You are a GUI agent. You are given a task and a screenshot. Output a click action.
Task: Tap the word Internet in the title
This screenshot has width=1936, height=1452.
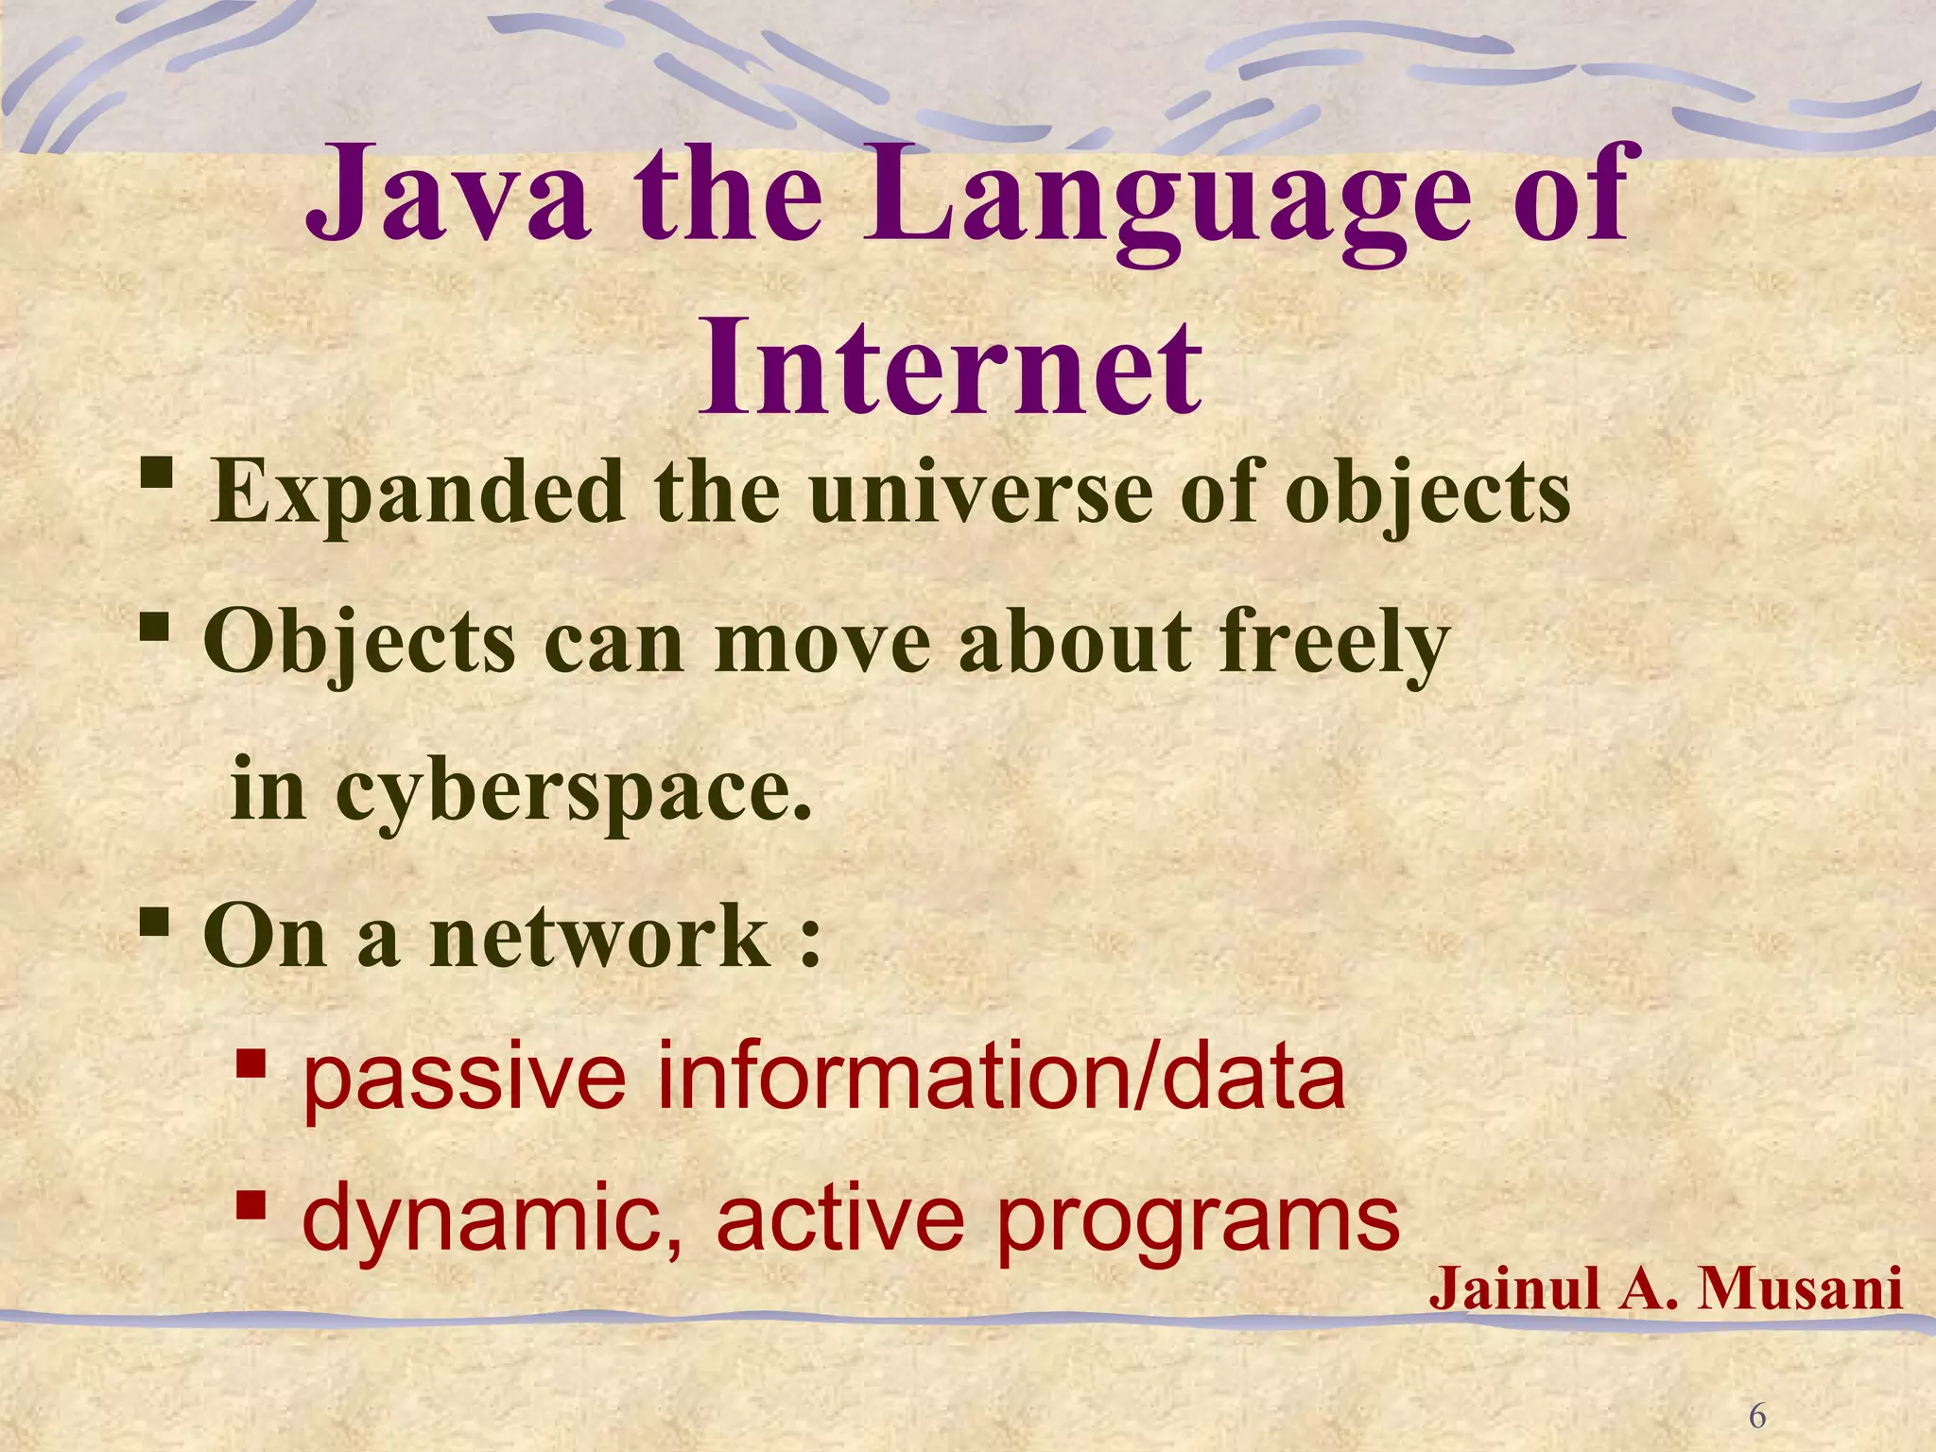[950, 368]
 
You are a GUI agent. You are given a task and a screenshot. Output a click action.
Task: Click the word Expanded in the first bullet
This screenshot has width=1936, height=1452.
[417, 493]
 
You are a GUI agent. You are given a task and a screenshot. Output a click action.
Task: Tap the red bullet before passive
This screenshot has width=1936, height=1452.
[251, 1064]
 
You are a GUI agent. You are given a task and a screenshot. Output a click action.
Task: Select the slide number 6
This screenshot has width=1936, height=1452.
[1757, 1416]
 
